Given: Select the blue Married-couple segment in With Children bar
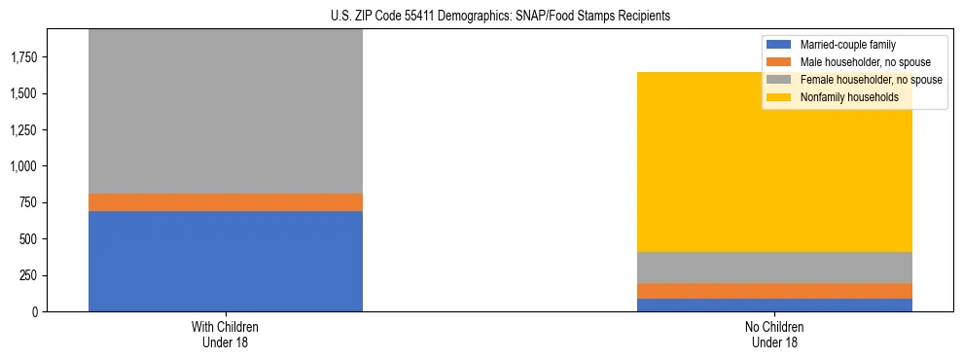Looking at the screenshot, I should click(x=226, y=261).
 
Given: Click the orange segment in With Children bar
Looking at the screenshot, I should click(x=226, y=202).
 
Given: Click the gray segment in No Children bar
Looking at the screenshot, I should click(x=775, y=268).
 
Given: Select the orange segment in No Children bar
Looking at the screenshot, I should click(x=775, y=291).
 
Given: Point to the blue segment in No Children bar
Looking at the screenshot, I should click(x=775, y=306).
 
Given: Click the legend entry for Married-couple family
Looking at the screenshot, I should click(x=846, y=45).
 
